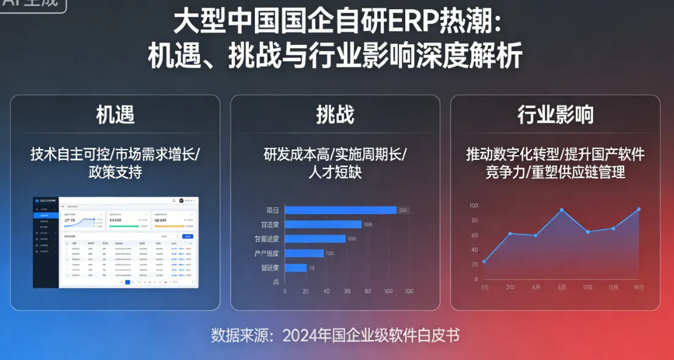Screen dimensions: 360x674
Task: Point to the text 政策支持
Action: [x=115, y=172]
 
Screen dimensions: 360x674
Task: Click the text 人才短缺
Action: [x=335, y=172]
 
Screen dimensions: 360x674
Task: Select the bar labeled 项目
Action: [x=341, y=210]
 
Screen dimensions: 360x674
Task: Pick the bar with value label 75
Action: [x=296, y=268]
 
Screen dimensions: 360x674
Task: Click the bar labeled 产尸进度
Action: [x=304, y=253]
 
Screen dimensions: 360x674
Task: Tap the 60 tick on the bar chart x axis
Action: [x=347, y=291]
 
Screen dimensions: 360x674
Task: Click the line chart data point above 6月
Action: [x=561, y=210]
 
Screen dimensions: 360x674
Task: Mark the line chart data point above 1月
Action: [x=484, y=261]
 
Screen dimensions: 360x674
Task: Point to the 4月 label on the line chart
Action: [x=536, y=287]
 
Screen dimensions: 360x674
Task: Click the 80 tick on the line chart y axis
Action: [x=474, y=221]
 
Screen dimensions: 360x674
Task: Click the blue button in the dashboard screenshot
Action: [x=188, y=235]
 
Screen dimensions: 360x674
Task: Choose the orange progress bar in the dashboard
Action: [x=169, y=226]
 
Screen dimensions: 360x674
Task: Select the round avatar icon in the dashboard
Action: [x=181, y=201]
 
